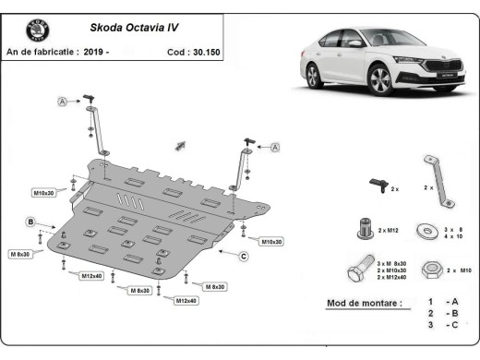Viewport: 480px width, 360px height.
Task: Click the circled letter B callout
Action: click(30, 222)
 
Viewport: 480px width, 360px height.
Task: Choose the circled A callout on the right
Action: click(275, 147)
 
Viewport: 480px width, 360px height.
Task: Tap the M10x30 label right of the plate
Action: click(270, 241)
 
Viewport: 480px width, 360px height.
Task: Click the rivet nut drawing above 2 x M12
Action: click(366, 224)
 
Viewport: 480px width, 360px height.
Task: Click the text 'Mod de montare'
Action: click(365, 303)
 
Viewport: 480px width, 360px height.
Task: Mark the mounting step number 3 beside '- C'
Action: click(430, 326)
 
